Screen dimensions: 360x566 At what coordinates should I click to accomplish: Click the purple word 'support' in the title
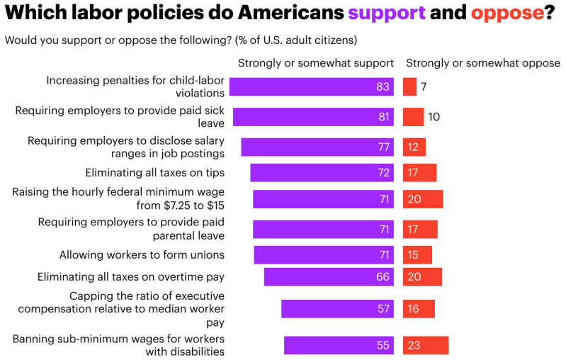pyautogui.click(x=387, y=12)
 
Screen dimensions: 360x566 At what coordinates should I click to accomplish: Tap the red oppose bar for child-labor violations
pyautogui.click(x=409, y=87)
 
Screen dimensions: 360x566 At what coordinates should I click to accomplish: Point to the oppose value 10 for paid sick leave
pyautogui.click(x=434, y=117)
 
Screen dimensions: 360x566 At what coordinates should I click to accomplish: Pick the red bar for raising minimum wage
pyautogui.click(x=423, y=199)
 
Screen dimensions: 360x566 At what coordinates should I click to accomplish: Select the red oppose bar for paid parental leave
pyautogui.click(x=420, y=229)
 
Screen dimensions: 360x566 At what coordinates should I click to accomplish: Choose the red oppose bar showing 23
pyautogui.click(x=426, y=345)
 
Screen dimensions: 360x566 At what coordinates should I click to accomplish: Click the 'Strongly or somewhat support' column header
pyautogui.click(x=315, y=63)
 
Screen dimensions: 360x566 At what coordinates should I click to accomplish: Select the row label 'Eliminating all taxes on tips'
pyautogui.click(x=154, y=172)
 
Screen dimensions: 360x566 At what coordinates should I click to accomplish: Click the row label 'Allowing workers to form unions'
pyautogui.click(x=142, y=254)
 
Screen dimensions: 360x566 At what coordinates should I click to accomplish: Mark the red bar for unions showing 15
pyautogui.click(x=417, y=255)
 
